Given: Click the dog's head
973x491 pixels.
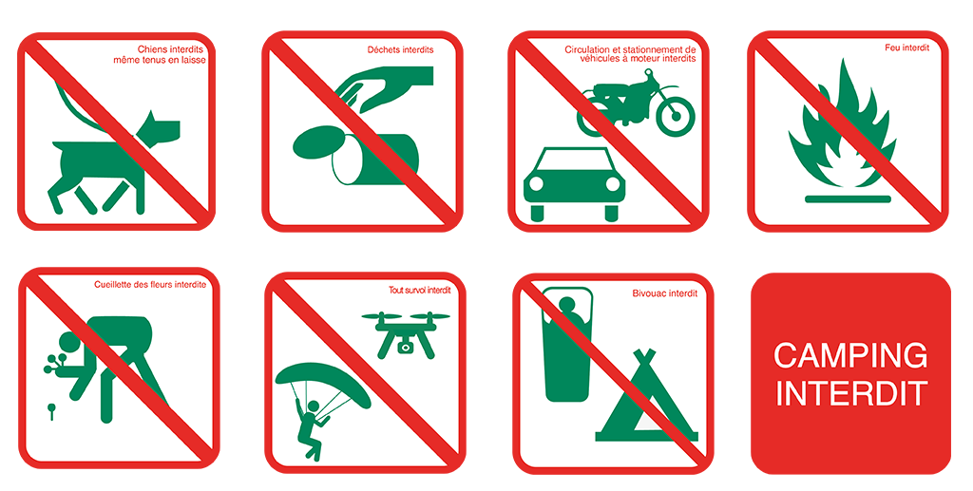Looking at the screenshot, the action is [x=159, y=128].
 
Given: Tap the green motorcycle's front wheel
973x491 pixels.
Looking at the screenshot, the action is [x=676, y=116].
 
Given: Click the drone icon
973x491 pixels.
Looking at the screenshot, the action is [x=406, y=334].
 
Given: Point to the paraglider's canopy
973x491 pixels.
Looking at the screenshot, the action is [x=323, y=381].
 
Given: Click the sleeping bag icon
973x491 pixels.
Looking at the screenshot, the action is [x=567, y=345].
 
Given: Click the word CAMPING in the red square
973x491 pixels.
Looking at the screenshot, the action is [x=850, y=356].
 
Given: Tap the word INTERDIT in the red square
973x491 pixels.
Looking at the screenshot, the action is [x=852, y=394].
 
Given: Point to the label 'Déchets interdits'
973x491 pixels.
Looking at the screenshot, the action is [x=400, y=49].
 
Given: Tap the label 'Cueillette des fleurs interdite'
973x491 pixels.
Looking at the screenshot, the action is [x=150, y=285].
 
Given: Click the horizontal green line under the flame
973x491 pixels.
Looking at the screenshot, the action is [x=848, y=199].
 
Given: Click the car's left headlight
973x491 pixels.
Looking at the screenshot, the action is [x=536, y=183].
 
